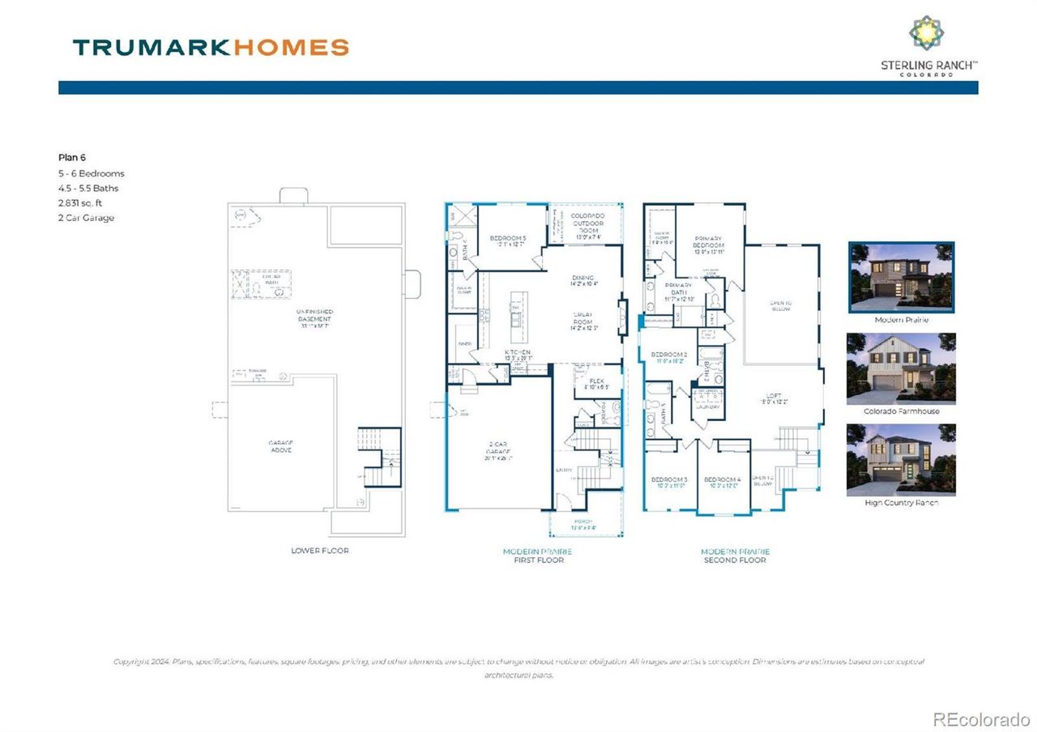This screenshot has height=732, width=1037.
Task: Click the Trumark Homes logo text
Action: [211, 47]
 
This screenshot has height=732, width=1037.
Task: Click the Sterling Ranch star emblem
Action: [926, 33]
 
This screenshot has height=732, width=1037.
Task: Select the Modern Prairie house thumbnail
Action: [901, 277]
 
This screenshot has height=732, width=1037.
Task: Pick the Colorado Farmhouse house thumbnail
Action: [901, 368]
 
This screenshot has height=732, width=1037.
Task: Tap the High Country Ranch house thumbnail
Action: [901, 459]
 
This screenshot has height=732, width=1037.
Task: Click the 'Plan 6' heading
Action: [72, 157]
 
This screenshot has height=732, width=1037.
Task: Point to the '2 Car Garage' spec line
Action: [86, 218]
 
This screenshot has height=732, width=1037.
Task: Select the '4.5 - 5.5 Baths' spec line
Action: [88, 189]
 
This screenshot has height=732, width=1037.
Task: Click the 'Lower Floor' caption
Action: [320, 551]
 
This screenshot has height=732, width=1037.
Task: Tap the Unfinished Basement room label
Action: [315, 316]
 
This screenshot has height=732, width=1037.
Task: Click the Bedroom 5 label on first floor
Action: [509, 238]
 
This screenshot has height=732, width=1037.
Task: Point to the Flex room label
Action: [596, 380]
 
